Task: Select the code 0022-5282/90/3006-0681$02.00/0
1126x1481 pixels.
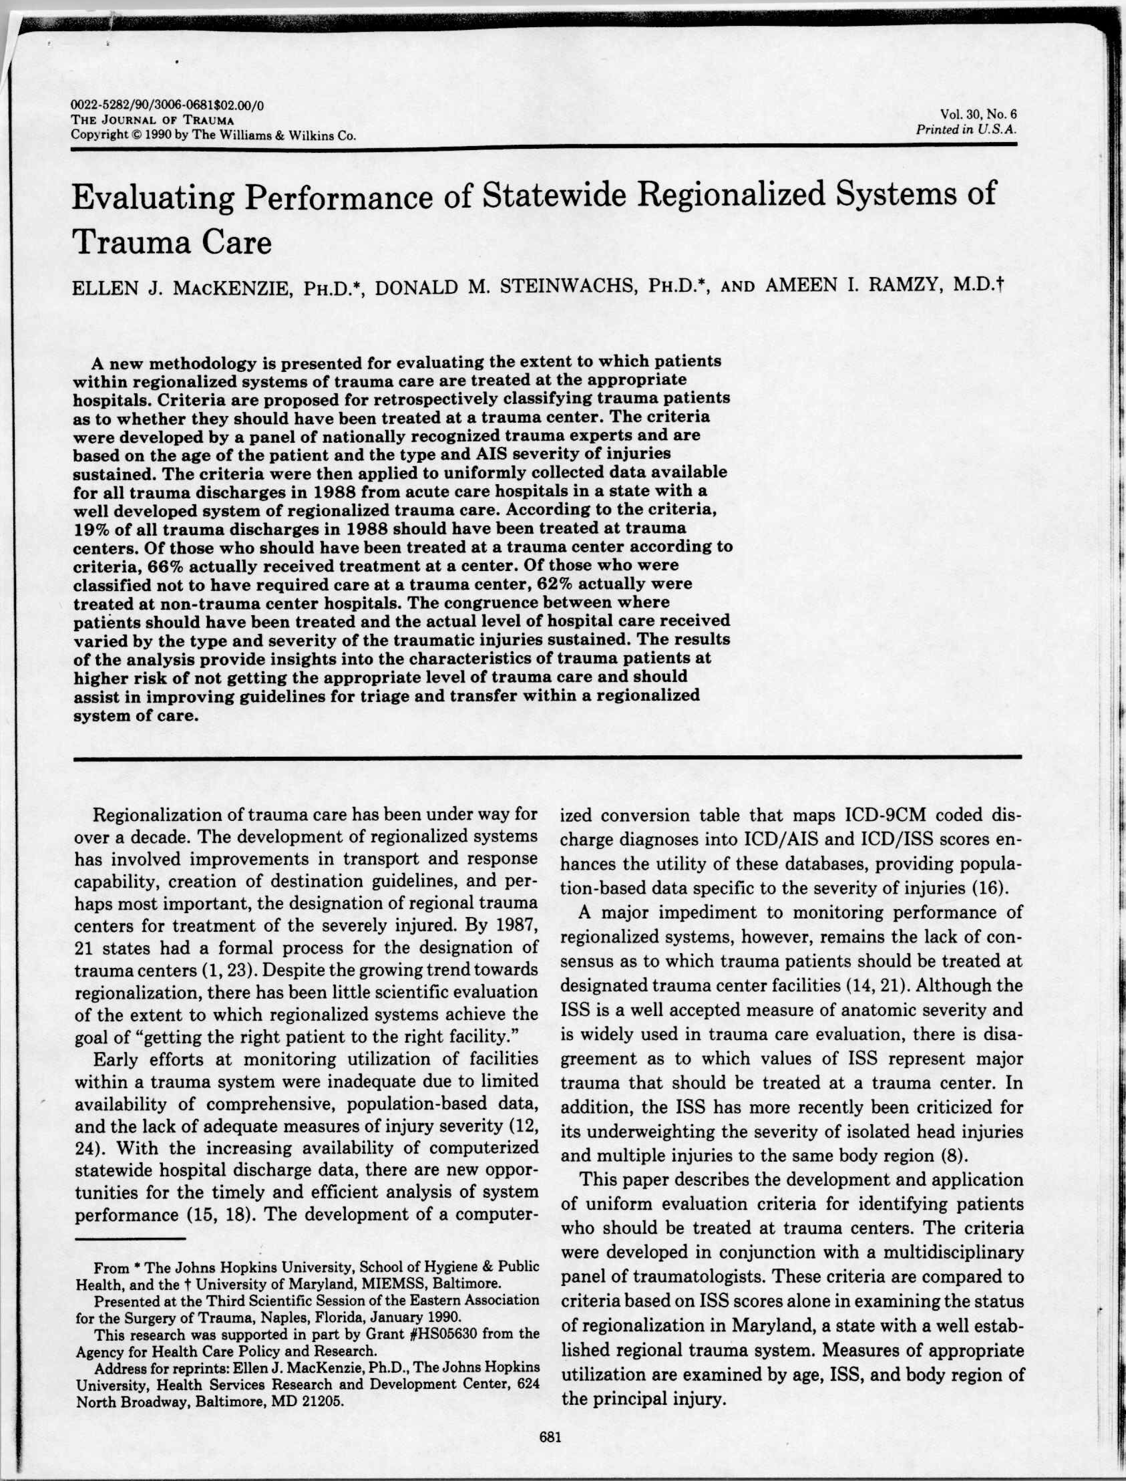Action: click(167, 105)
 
